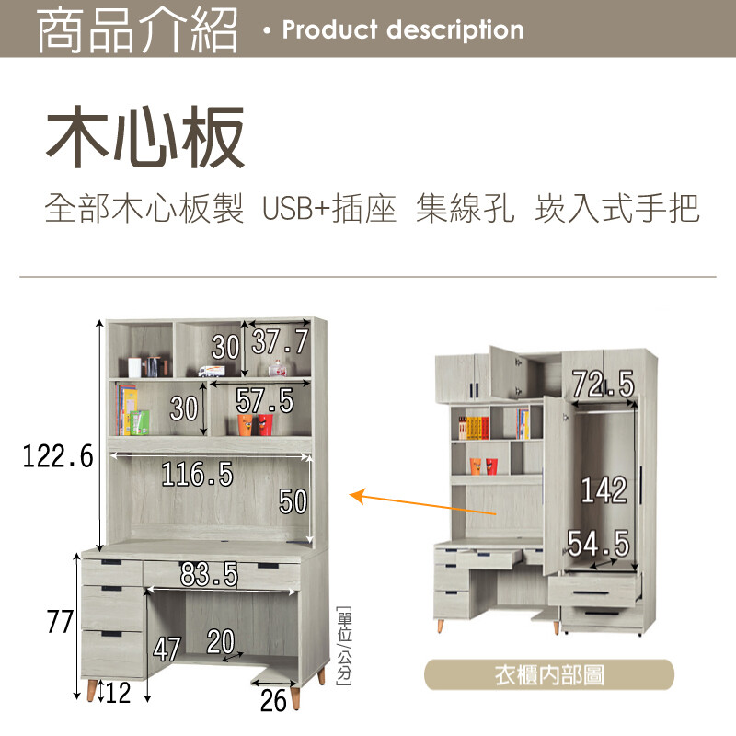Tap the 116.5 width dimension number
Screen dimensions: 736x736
point(197,475)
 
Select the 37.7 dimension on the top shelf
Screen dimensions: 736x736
point(280,342)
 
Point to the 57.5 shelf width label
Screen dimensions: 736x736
point(265,400)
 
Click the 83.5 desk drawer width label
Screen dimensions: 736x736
point(209,576)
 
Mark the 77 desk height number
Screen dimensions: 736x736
point(60,623)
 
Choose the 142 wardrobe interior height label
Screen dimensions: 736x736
point(604,490)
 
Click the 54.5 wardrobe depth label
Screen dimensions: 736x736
point(598,544)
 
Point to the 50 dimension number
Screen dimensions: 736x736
point(293,501)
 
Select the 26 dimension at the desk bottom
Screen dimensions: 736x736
point(274,700)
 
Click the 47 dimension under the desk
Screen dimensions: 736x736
point(167,650)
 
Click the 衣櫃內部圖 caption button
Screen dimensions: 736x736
point(549,676)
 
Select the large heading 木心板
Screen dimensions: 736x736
point(145,137)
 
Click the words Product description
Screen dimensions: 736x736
point(403,29)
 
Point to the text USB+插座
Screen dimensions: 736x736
point(328,209)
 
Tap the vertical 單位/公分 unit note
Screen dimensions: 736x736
point(343,645)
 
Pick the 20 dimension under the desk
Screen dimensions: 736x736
point(221,640)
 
